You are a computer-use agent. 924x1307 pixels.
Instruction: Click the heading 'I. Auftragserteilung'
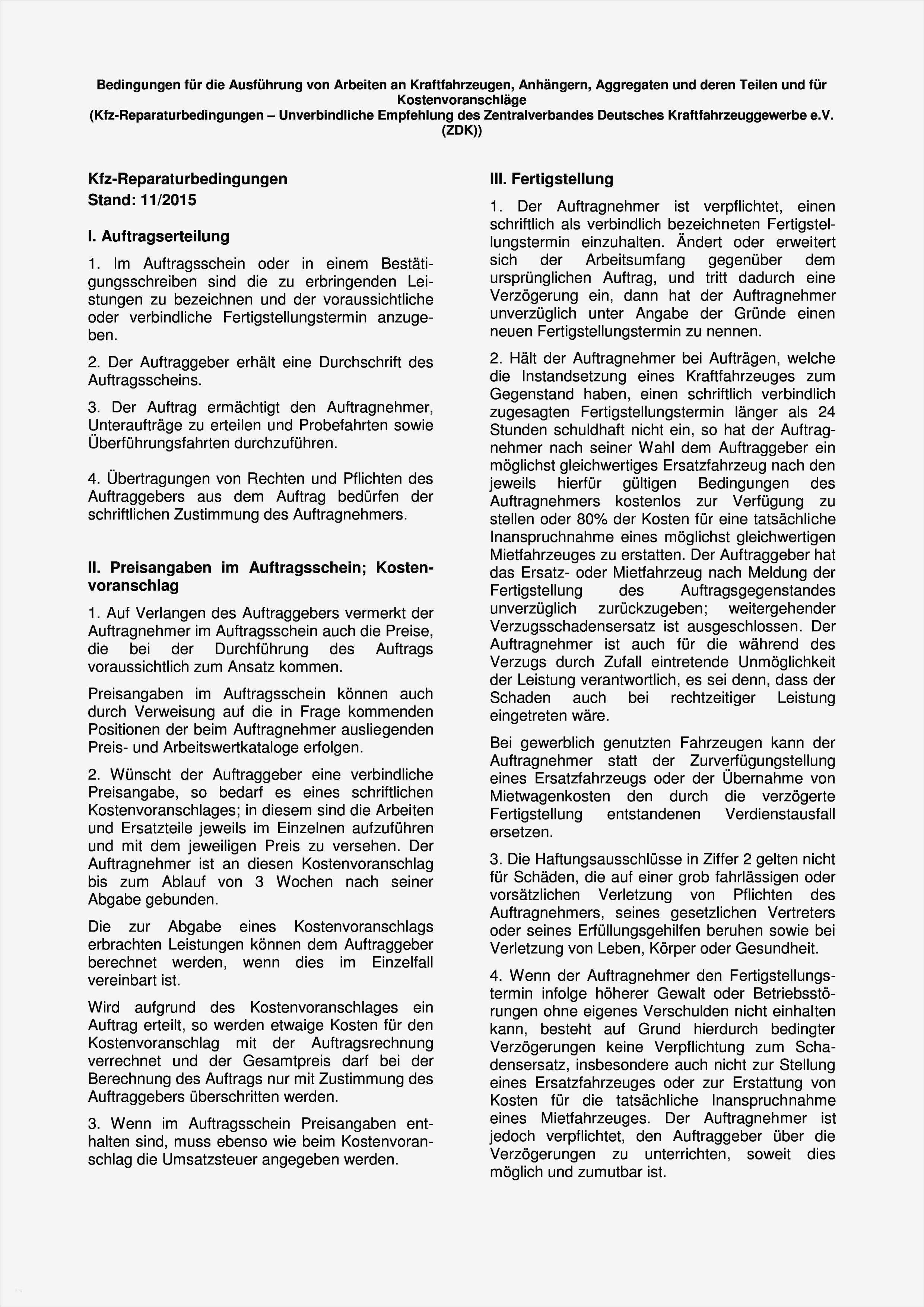[x=158, y=236]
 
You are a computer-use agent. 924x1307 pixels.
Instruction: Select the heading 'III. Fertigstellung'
[x=551, y=179]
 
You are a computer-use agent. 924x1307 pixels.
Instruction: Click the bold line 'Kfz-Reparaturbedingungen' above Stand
[x=187, y=179]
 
